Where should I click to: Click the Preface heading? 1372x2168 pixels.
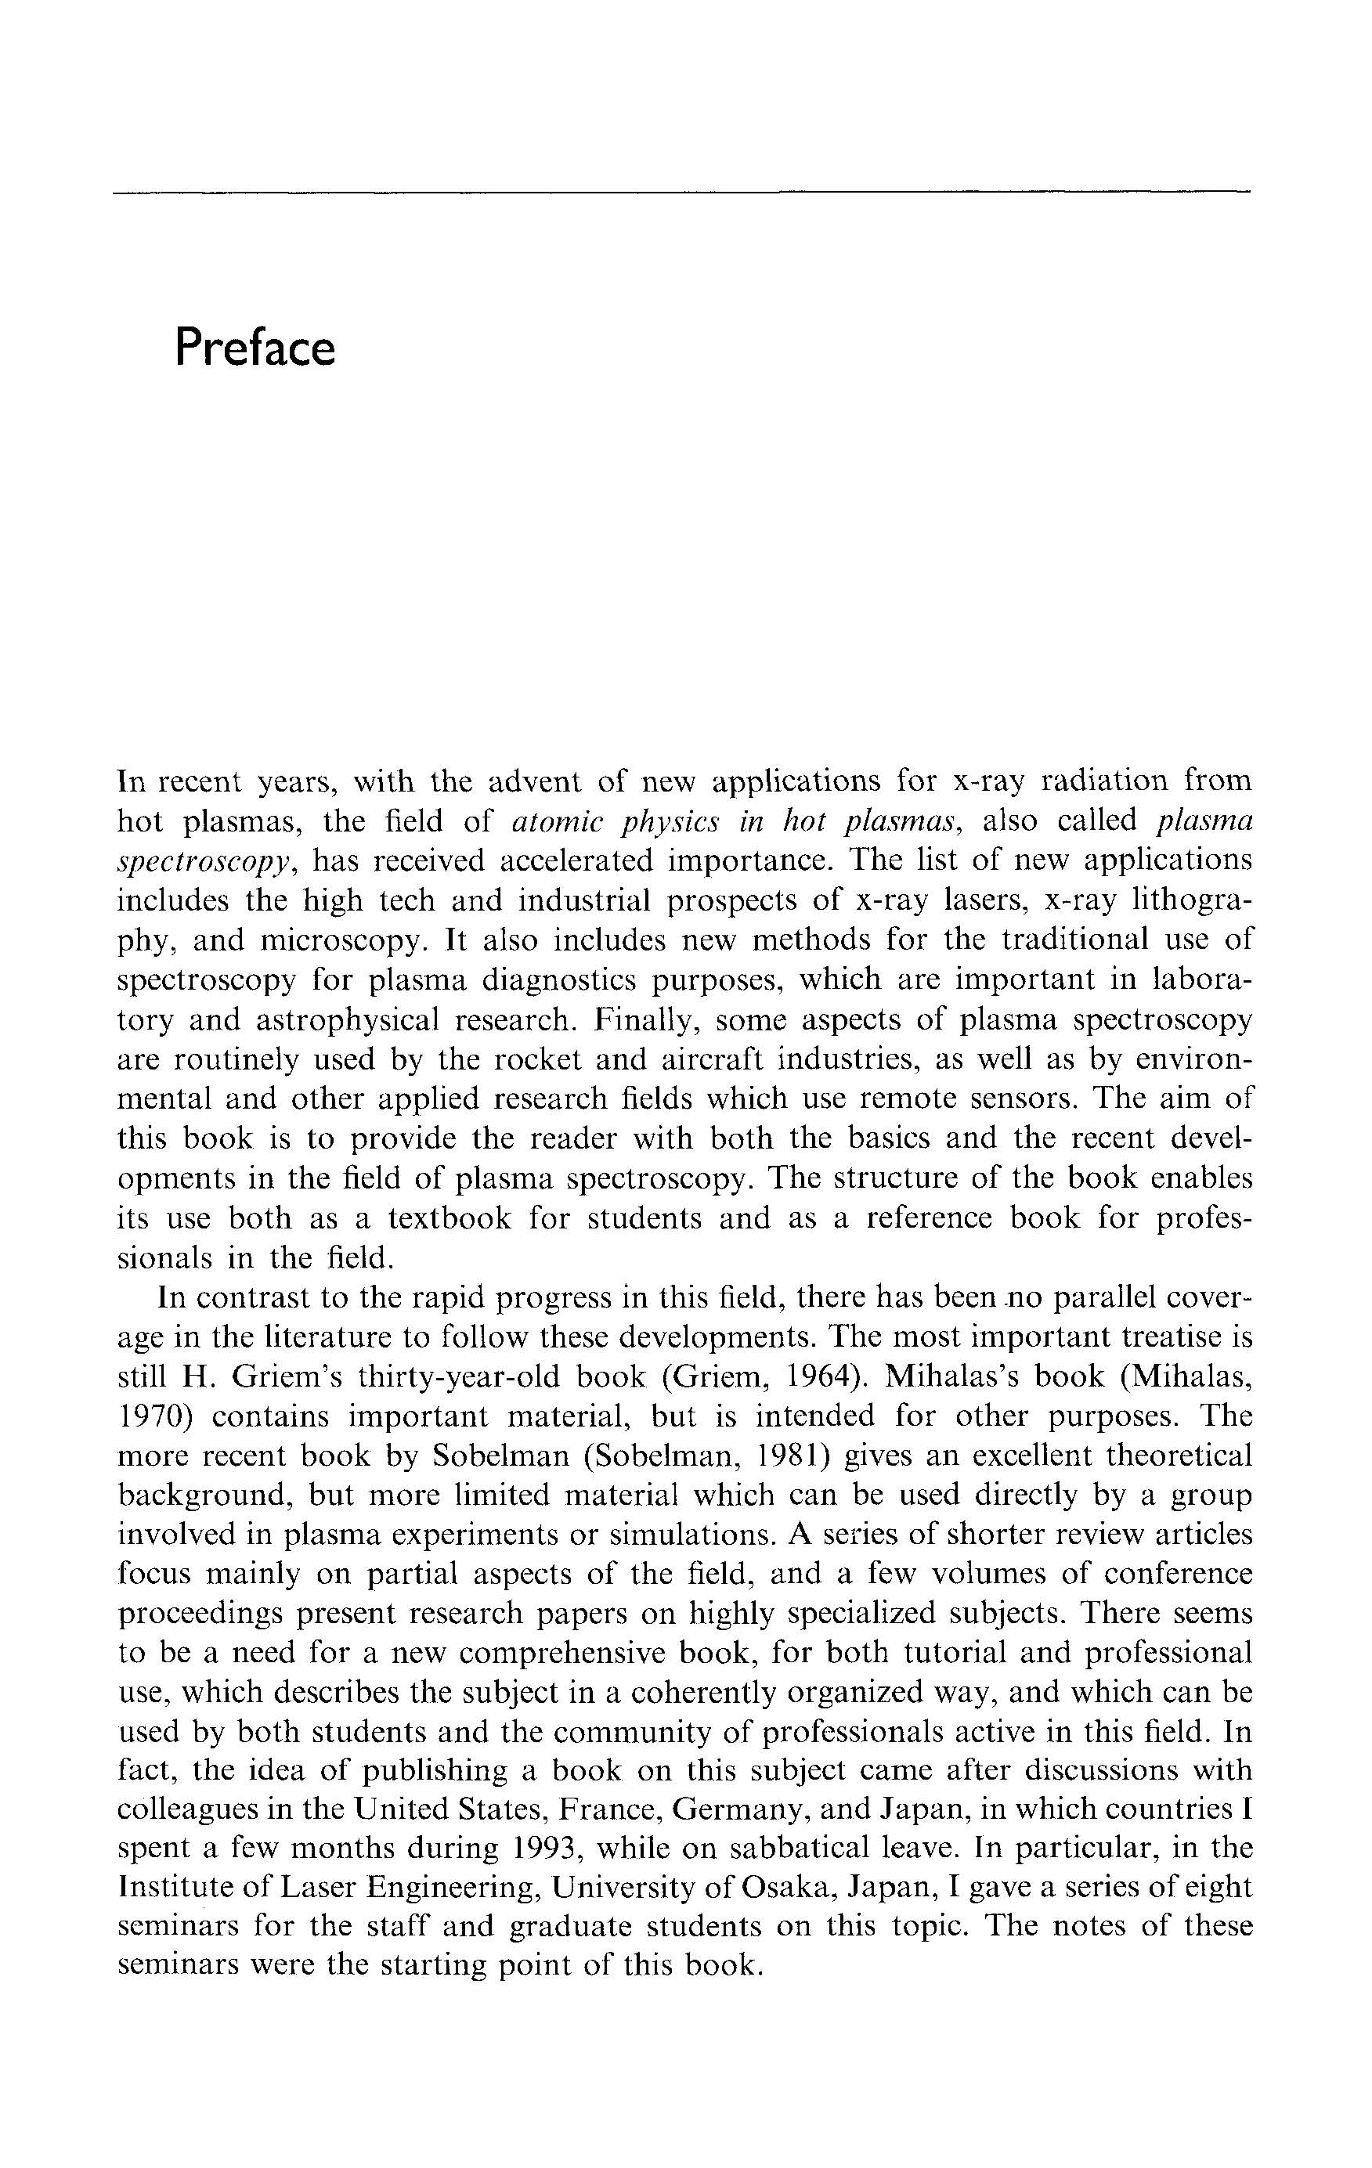pyautogui.click(x=255, y=348)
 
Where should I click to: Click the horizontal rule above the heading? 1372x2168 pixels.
pyautogui.click(x=681, y=192)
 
